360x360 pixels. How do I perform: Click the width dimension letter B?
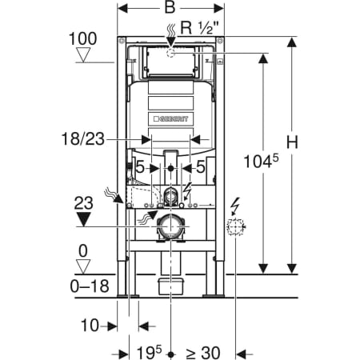click(170, 8)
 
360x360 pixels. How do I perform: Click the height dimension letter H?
click(292, 142)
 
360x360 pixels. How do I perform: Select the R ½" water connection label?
click(200, 27)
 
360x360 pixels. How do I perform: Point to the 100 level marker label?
click(82, 39)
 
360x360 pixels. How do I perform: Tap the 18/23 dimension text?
click(83, 139)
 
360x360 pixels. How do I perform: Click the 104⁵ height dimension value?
click(262, 162)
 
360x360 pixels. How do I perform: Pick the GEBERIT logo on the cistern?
click(171, 119)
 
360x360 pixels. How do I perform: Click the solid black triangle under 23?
click(84, 219)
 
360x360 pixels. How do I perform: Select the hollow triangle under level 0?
click(83, 266)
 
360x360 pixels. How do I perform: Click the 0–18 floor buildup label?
click(90, 286)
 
